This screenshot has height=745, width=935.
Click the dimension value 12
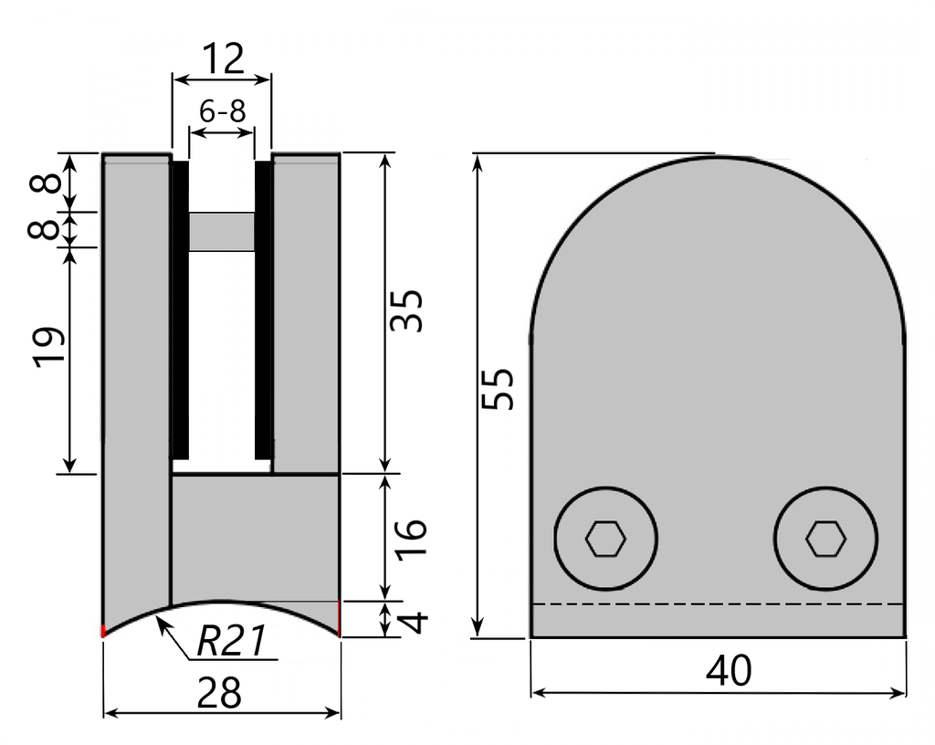[x=223, y=59]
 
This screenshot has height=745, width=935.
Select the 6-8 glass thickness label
[x=222, y=111]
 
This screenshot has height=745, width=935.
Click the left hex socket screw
[x=606, y=539]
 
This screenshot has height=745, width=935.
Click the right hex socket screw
[x=825, y=539]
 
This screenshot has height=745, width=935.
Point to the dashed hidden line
[x=718, y=604]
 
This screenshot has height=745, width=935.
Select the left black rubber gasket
[x=181, y=310]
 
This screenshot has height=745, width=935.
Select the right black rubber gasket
[x=263, y=310]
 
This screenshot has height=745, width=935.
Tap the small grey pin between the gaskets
[x=222, y=231]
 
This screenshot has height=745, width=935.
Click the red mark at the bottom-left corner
[x=103, y=630]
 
